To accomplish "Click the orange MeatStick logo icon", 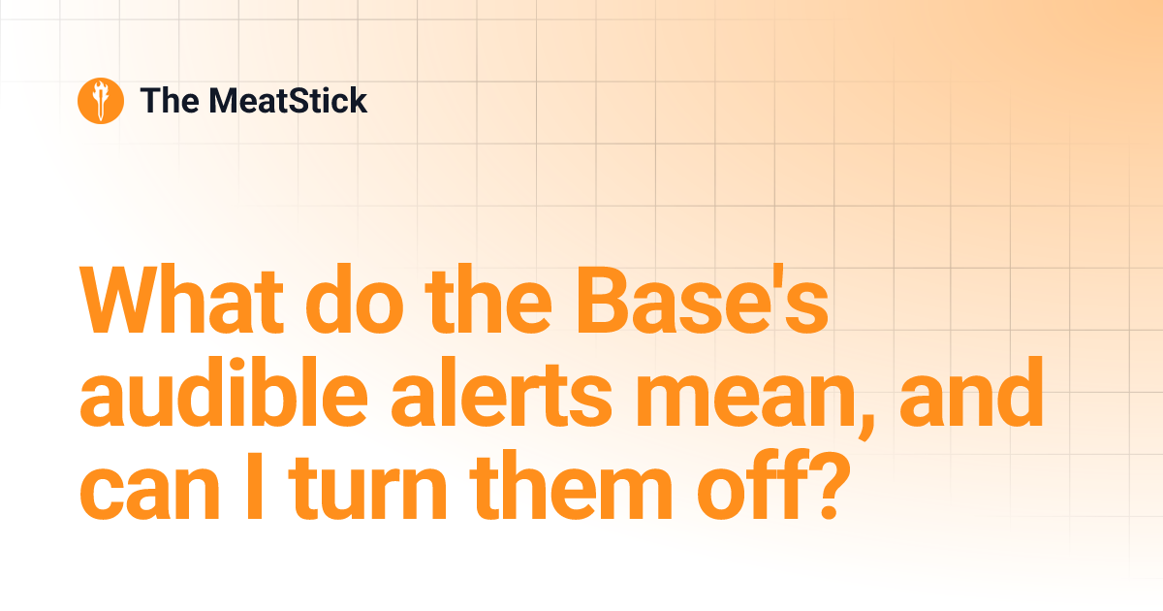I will click(x=100, y=101).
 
